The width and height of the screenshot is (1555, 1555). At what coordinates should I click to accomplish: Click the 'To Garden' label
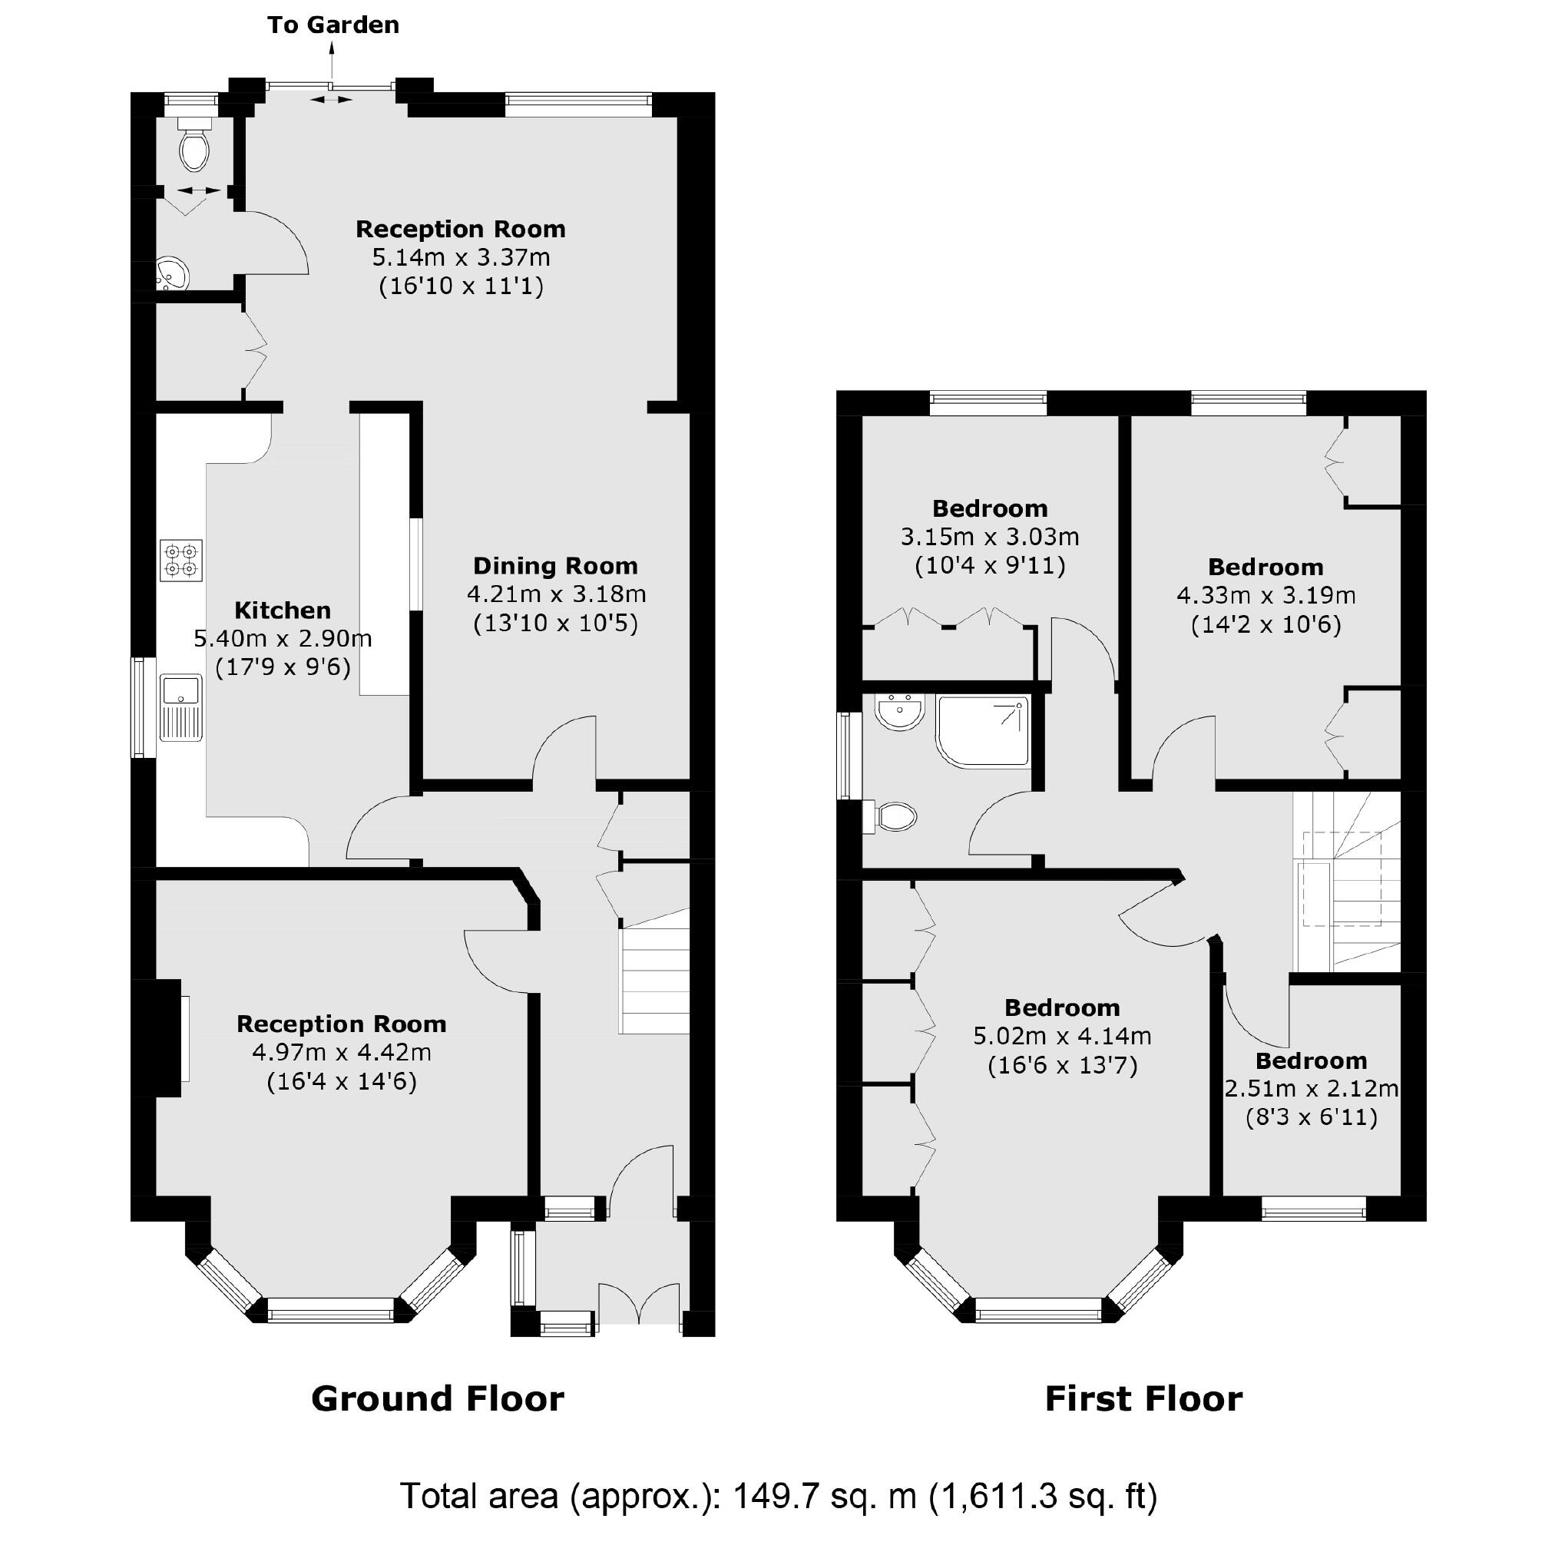(x=333, y=25)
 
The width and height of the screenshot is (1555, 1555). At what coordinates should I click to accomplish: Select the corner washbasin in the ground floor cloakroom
(x=170, y=273)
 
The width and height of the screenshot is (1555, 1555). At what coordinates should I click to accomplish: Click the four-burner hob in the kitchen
(x=181, y=561)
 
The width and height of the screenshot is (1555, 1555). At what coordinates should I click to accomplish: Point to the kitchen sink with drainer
(x=181, y=707)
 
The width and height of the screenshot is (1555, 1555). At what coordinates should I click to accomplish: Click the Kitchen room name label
(x=283, y=610)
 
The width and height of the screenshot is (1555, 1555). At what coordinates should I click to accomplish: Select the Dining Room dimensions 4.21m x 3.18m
(x=556, y=595)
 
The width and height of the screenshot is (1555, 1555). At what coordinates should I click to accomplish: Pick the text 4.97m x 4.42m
(x=341, y=1053)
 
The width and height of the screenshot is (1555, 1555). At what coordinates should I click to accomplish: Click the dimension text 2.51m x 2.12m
(x=1311, y=1089)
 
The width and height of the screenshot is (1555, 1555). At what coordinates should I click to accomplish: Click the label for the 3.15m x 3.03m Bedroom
(x=990, y=508)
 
